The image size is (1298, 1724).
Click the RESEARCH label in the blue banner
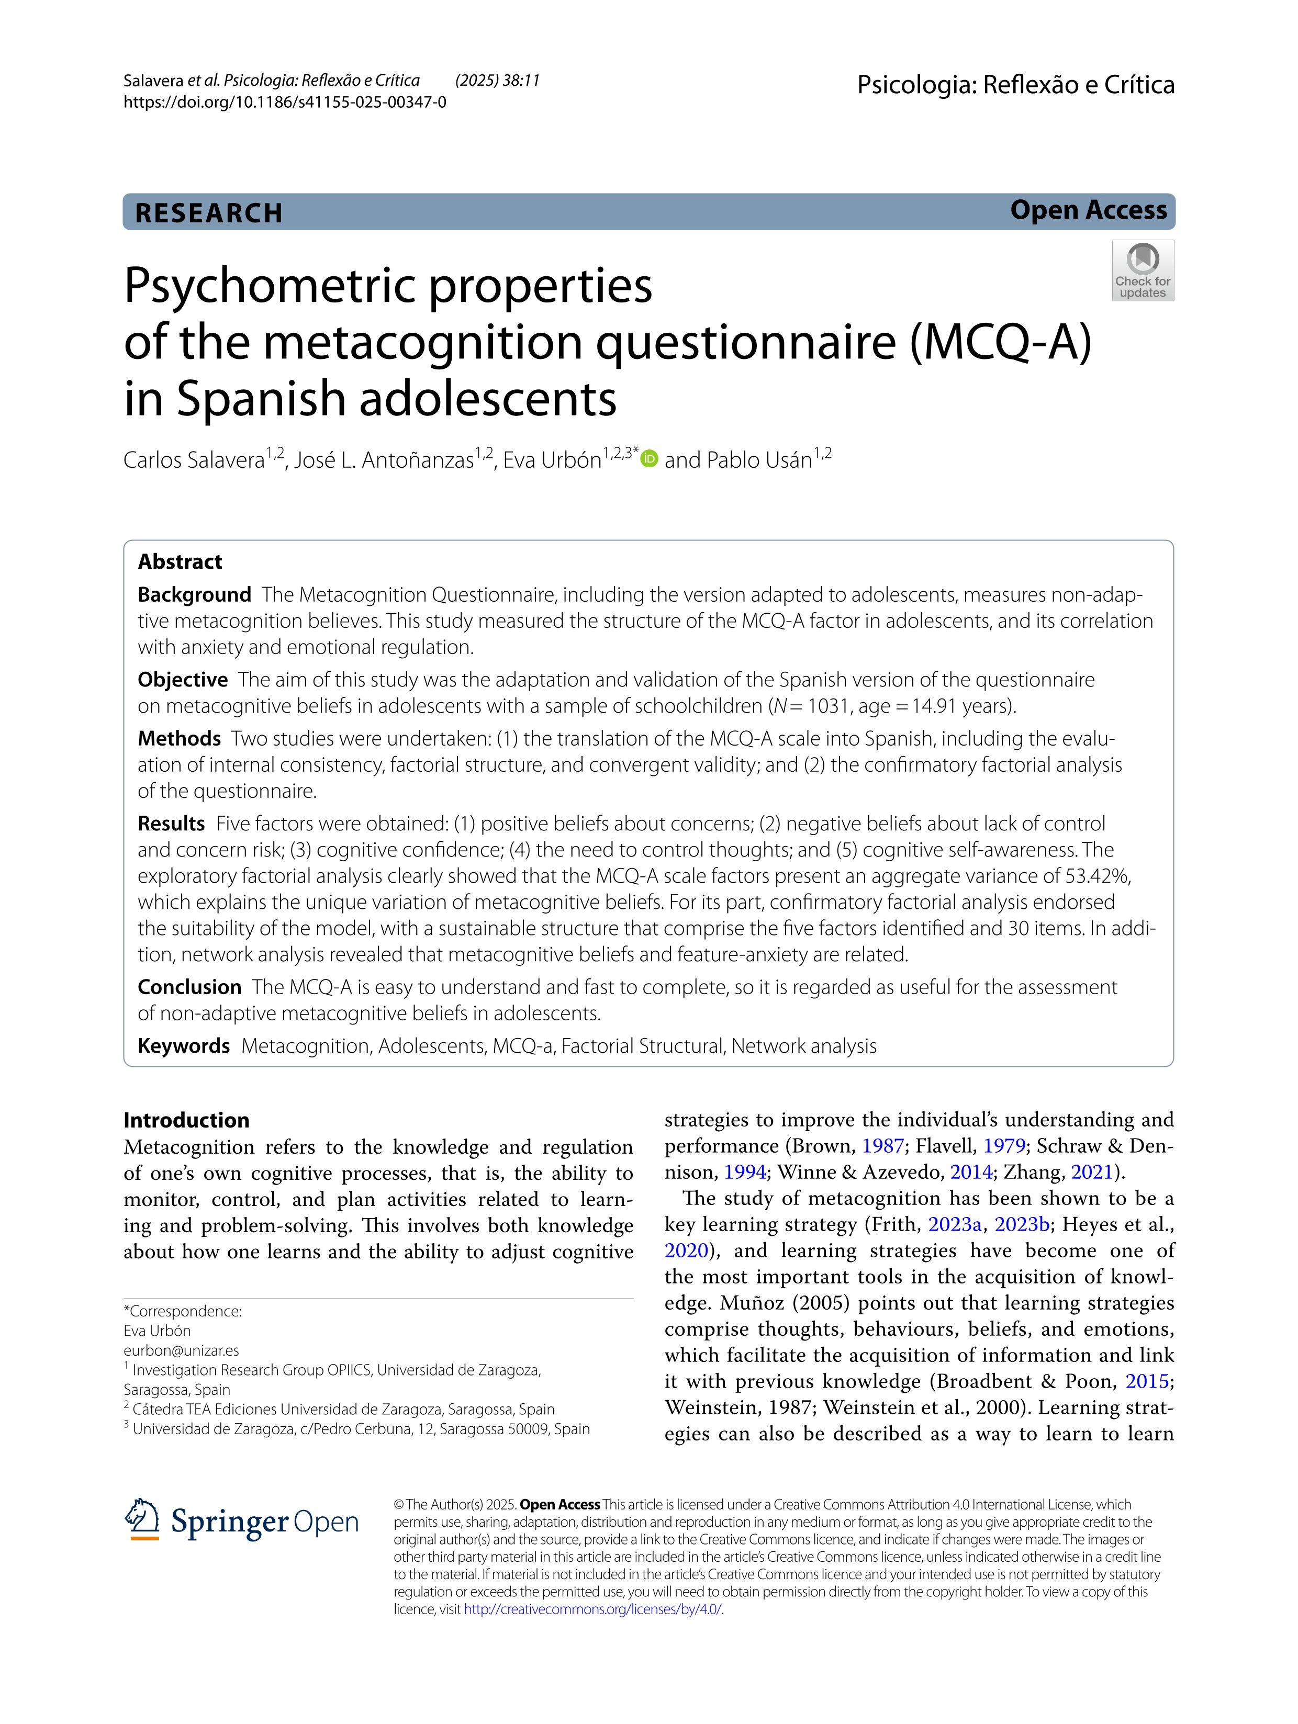click(x=209, y=213)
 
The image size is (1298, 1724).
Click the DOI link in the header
click(x=285, y=102)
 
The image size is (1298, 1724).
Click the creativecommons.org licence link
click(x=592, y=1609)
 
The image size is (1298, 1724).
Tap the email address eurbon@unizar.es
click(x=181, y=1350)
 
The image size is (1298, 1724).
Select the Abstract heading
click(x=180, y=561)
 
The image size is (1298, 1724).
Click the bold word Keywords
click(x=184, y=1045)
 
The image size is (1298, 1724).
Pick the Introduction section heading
click(x=186, y=1120)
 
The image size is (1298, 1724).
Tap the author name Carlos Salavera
click(x=194, y=460)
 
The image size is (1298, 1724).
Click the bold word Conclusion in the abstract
click(x=189, y=987)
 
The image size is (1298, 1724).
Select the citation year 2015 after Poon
click(x=1147, y=1381)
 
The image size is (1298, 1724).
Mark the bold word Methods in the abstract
click(x=180, y=738)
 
